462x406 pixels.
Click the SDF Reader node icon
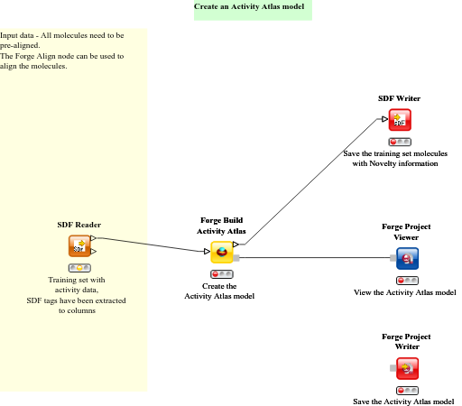click(79, 246)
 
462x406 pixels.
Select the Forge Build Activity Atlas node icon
click(221, 252)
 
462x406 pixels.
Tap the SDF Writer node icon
click(400, 120)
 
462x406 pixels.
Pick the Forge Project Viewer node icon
click(408, 259)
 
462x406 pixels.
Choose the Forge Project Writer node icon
click(408, 368)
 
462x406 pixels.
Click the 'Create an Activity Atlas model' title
click(252, 7)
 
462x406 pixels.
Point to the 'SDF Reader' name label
click(79, 225)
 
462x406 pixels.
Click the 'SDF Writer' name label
click(399, 98)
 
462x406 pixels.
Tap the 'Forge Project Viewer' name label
click(400, 232)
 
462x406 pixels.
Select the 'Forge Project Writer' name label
click(400, 341)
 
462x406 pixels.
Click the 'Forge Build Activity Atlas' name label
click(222, 226)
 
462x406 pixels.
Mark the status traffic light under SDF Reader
click(79, 268)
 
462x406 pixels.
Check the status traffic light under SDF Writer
click(400, 142)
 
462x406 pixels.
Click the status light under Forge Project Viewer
click(408, 281)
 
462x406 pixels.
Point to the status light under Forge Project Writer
click(408, 390)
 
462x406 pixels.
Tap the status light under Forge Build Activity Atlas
click(221, 273)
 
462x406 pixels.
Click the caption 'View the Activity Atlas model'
click(404, 293)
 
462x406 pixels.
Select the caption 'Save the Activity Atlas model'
click(403, 401)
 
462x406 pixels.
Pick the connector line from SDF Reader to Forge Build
click(153, 245)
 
